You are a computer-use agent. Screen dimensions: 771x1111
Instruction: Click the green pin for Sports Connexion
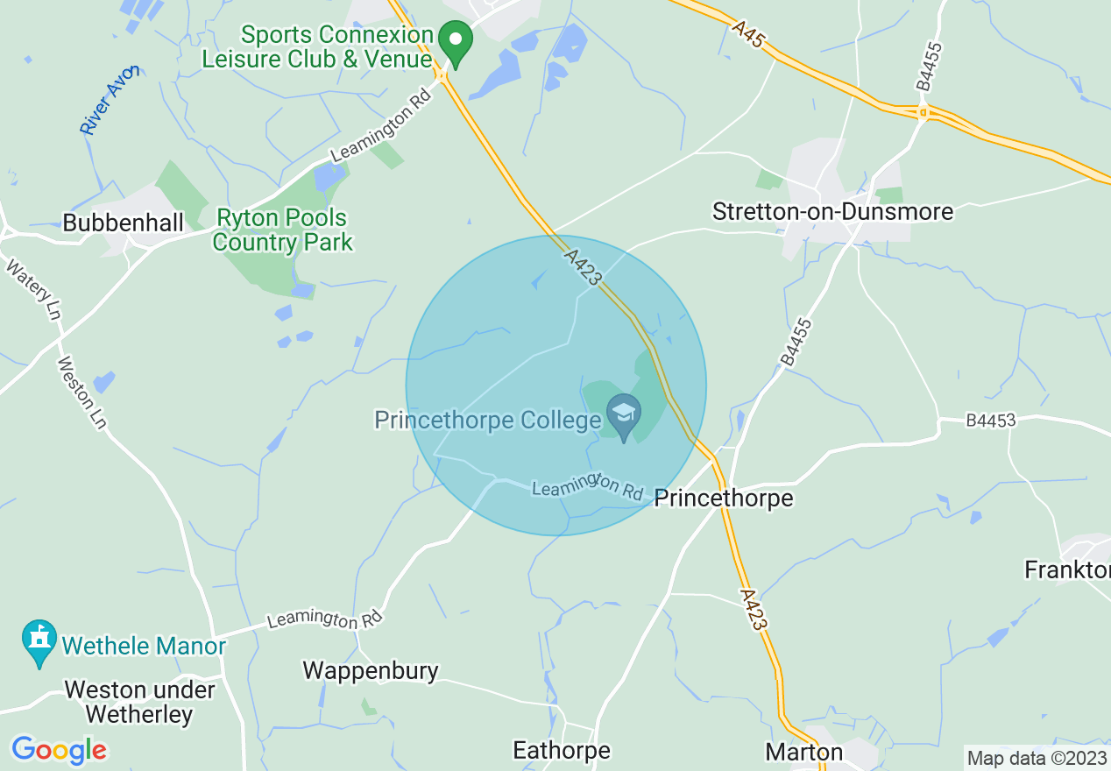coord(456,40)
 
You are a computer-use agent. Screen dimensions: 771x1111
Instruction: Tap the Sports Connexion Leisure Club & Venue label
coord(317,47)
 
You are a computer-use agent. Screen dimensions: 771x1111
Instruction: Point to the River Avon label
coord(109,101)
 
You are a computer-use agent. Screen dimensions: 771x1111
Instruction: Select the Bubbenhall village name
coord(124,223)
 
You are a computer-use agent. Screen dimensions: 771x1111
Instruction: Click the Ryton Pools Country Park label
coord(282,230)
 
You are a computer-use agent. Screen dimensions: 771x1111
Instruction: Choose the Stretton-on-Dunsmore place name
coord(832,212)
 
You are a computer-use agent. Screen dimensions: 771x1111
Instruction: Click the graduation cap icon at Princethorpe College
coord(624,412)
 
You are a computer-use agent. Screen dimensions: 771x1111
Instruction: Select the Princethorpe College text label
coord(488,421)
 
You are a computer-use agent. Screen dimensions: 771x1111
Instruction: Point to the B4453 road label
coord(991,421)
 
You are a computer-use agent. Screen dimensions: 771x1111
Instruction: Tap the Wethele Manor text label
coord(144,647)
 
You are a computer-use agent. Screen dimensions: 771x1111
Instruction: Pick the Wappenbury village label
coord(371,671)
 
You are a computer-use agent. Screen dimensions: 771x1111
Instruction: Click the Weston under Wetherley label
coord(140,702)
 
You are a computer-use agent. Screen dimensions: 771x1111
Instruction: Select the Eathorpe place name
coord(562,751)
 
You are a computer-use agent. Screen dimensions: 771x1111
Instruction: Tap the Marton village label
coord(804,752)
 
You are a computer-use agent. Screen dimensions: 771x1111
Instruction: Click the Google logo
coord(59,750)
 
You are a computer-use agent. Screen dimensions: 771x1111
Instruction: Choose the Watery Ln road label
coord(33,290)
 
